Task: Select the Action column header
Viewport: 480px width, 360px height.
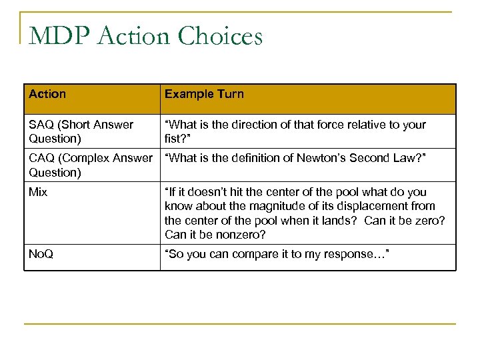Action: (47, 94)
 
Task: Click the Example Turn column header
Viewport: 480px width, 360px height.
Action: (204, 94)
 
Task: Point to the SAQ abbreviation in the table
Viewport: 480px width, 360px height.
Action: (41, 125)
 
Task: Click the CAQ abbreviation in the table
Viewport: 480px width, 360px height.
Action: (41, 158)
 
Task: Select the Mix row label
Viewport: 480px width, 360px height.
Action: (37, 191)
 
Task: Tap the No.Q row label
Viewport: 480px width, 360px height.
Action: (41, 253)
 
